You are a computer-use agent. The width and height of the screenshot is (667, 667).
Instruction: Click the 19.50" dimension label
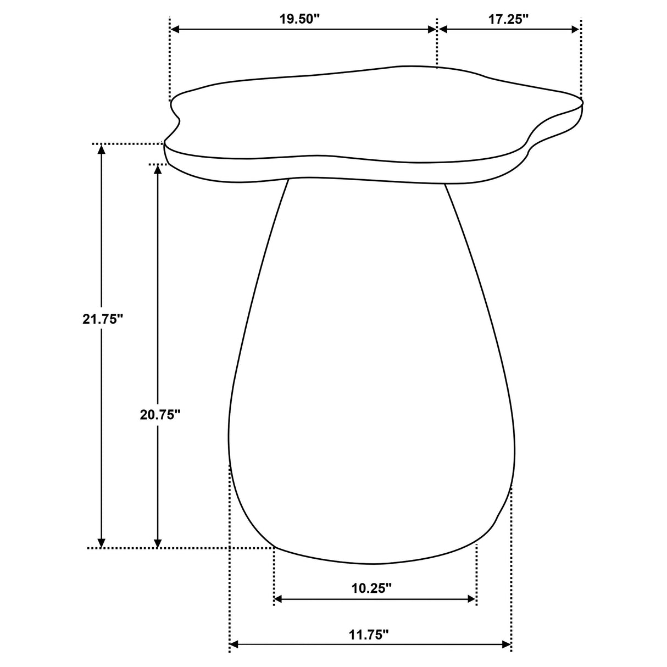(x=299, y=18)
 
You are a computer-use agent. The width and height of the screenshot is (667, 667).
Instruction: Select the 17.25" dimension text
(x=508, y=18)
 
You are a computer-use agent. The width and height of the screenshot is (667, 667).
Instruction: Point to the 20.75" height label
(x=160, y=415)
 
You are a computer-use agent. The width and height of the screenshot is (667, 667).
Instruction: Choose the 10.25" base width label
(x=371, y=588)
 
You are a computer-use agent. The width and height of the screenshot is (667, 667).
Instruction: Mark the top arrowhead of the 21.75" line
(x=101, y=149)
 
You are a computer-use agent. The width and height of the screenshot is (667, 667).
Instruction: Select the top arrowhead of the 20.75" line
(x=158, y=169)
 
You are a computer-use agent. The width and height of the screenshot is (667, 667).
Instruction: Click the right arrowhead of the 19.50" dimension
(x=431, y=29)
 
